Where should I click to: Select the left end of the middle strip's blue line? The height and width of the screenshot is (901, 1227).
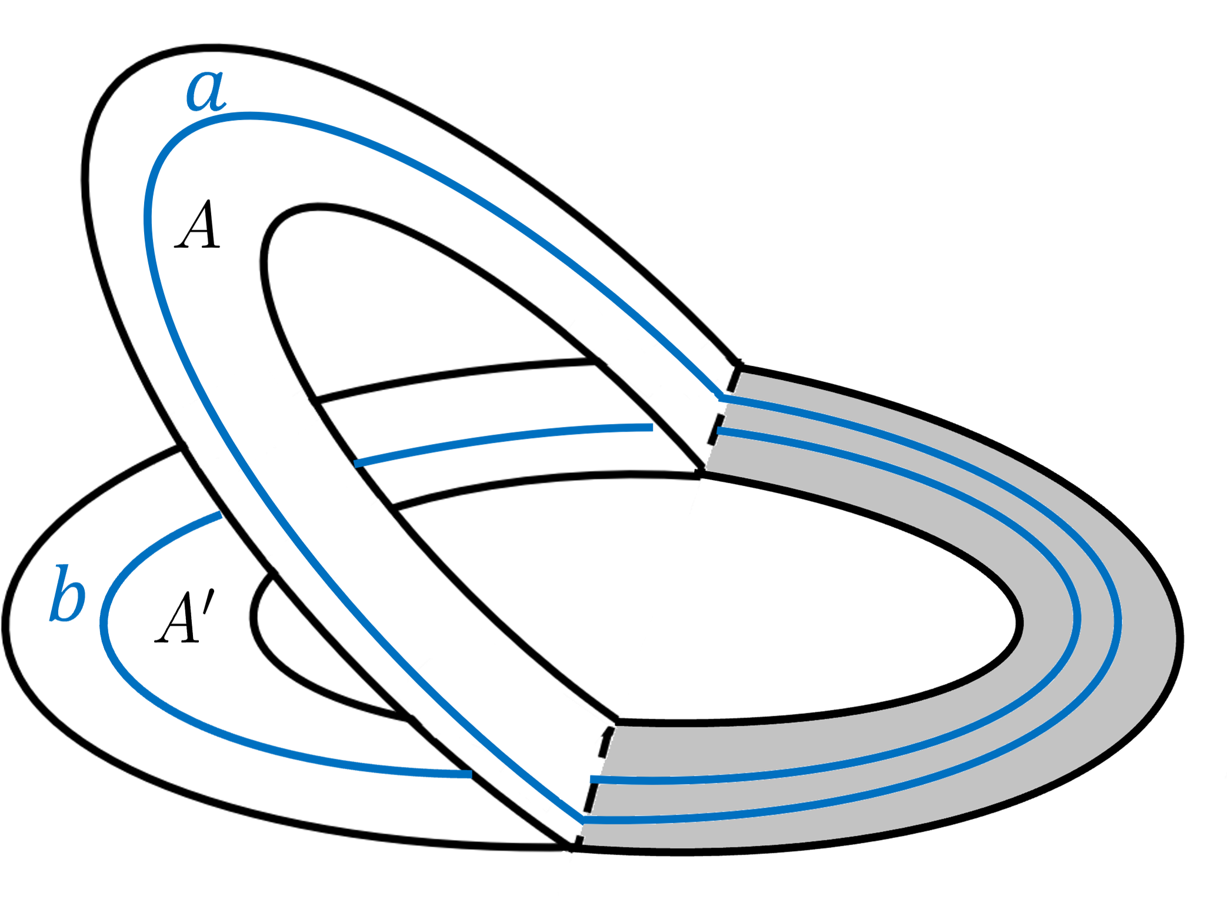coord(356,463)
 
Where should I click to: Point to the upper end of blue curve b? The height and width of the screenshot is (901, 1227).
coord(219,515)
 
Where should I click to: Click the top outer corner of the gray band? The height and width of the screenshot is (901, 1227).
coord(739,367)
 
